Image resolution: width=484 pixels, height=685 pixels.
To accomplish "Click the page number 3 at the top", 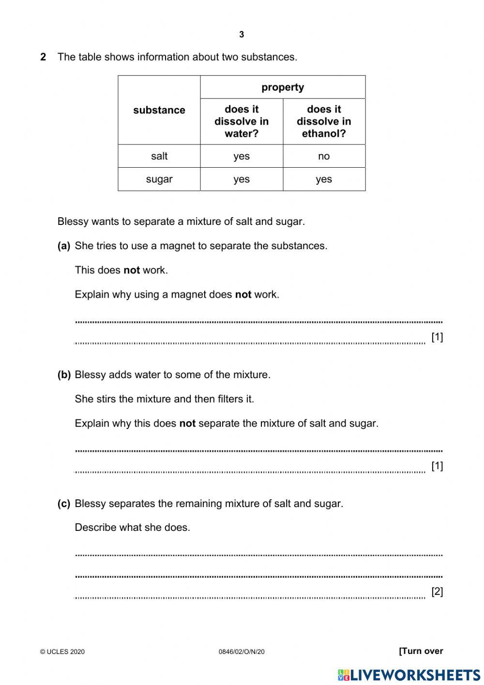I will click(x=242, y=34).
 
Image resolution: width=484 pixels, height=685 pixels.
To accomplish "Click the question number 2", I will click(x=44, y=57).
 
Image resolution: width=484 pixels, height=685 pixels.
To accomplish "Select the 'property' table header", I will click(x=283, y=87).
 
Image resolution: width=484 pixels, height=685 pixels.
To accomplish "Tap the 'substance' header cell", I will click(x=159, y=110).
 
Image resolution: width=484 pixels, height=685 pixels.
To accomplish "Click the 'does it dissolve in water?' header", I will click(x=242, y=121).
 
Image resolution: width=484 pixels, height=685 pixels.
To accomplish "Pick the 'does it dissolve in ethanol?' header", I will click(x=324, y=121).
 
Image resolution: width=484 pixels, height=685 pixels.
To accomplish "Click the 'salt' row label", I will click(x=159, y=156).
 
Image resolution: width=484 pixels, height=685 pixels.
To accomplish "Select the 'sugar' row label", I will click(x=159, y=179).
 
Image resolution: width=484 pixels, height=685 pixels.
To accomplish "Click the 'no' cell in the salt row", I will click(x=324, y=156).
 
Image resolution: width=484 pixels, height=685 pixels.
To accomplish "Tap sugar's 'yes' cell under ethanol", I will click(x=324, y=179).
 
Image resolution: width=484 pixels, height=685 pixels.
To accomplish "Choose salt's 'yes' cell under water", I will click(x=242, y=156).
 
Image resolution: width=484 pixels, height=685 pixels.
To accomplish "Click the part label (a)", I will click(x=64, y=246).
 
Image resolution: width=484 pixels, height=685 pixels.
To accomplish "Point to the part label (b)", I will click(x=64, y=375).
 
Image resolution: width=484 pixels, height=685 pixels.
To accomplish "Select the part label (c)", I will click(x=64, y=504).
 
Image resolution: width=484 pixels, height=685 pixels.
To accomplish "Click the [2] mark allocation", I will click(x=437, y=591).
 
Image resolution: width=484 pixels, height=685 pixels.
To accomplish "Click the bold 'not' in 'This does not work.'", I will click(x=132, y=270).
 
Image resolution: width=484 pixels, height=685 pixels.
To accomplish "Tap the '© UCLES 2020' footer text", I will click(x=62, y=652).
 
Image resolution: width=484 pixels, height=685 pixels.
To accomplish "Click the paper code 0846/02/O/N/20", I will click(x=242, y=652).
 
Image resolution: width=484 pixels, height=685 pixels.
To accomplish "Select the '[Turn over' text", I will click(x=421, y=651).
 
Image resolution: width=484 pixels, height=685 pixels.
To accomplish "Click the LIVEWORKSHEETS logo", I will click(x=409, y=675).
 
